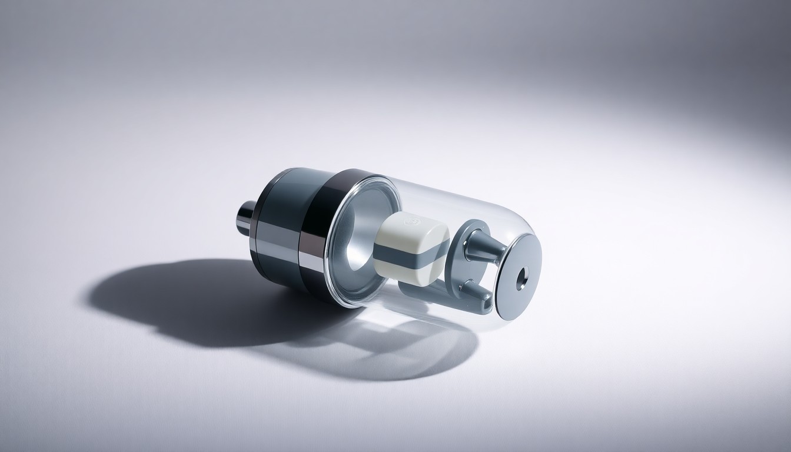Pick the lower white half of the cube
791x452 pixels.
pyautogui.click(x=412, y=274)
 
